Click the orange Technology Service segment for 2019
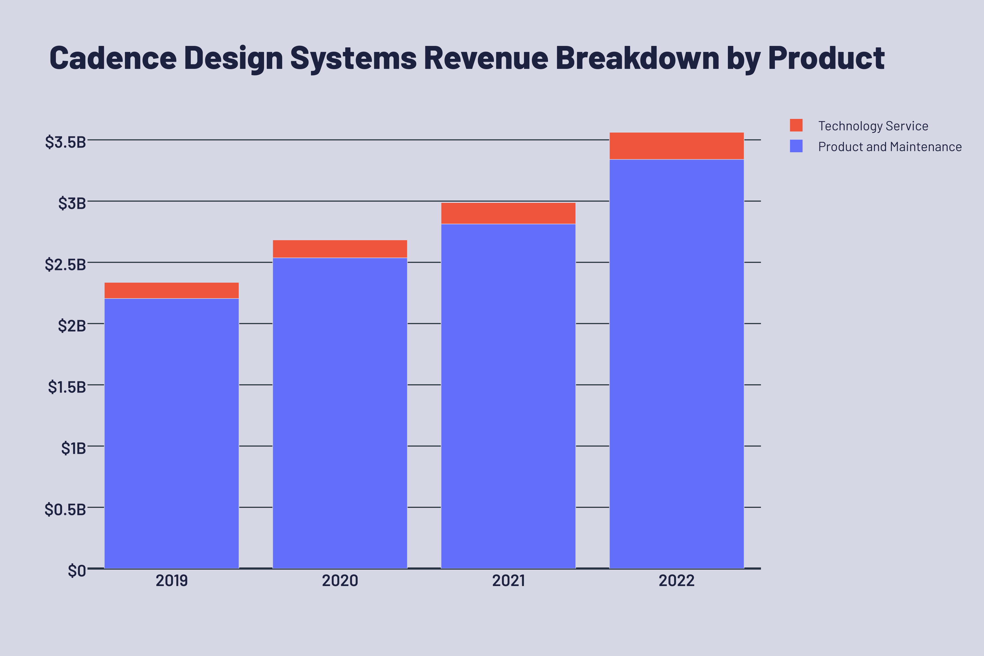point(172,290)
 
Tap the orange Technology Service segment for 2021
point(508,213)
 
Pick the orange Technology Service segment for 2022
point(676,146)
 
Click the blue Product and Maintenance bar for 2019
point(172,433)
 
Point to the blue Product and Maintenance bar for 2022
point(676,364)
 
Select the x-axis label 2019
point(172,581)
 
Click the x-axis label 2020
point(340,581)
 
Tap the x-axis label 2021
point(508,581)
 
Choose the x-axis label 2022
point(676,581)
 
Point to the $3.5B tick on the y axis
point(65,142)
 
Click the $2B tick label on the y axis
point(72,326)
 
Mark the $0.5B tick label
point(65,509)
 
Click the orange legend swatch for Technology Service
point(796,125)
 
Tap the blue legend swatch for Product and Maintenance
point(796,146)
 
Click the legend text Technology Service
point(873,126)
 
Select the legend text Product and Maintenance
point(890,147)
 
